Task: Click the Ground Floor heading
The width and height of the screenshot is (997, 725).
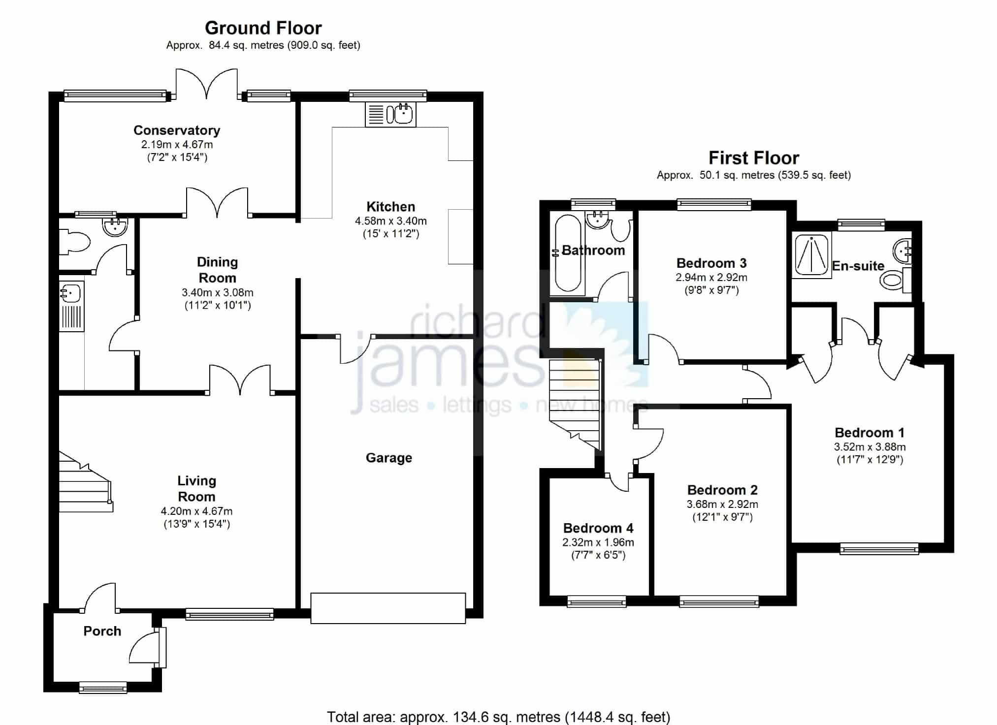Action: point(263,28)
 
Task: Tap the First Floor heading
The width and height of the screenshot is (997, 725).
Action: point(754,158)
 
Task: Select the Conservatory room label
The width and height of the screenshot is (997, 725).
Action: point(177,130)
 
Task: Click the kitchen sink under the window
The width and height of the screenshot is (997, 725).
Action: point(390,114)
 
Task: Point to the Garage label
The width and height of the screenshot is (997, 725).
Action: point(389,458)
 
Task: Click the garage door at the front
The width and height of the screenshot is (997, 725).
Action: point(388,608)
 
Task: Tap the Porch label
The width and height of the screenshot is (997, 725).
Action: point(102,631)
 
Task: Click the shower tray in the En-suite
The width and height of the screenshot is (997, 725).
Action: point(811,253)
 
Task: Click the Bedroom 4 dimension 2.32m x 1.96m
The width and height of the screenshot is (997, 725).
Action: point(598,542)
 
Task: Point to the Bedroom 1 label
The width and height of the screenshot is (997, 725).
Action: point(869,433)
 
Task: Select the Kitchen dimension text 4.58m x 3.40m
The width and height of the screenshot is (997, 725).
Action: point(391,221)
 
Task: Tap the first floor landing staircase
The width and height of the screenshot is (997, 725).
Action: point(576,404)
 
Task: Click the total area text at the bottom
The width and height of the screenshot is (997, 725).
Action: point(499,717)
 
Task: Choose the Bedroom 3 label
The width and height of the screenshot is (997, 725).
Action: point(711,263)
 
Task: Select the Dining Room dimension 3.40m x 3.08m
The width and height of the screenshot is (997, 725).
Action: point(218,292)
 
